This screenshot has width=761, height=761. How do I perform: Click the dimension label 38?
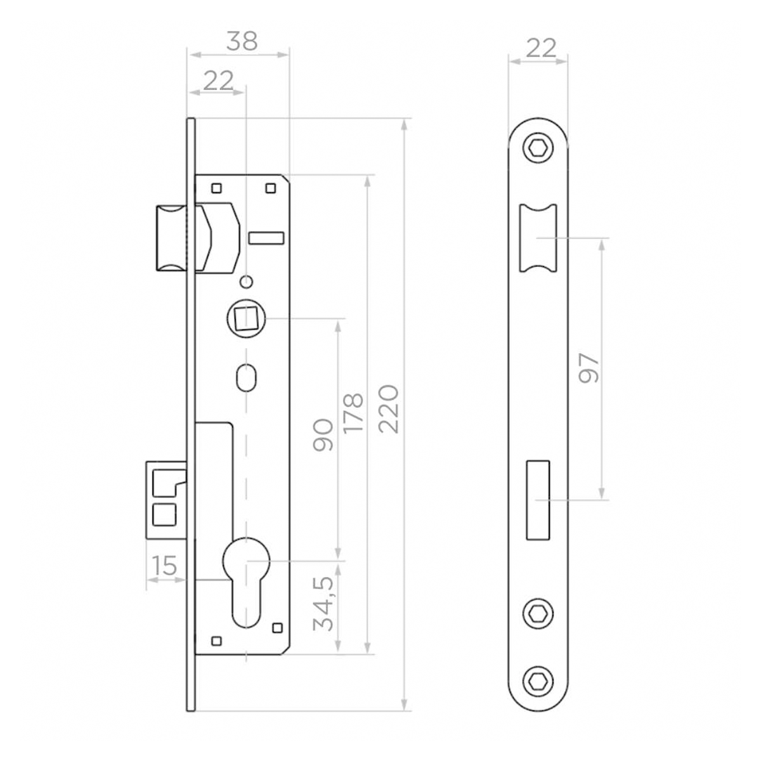coord(242,41)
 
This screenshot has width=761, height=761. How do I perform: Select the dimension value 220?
coord(388,408)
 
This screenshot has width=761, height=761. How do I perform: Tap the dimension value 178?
coord(353,413)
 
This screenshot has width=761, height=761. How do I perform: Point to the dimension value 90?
coord(323,434)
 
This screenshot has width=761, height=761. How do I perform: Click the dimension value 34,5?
coord(324,604)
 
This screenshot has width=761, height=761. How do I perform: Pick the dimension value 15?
coord(164,565)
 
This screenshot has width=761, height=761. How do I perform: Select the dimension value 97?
coord(589,368)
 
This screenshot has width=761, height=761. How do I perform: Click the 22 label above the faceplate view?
coord(541,48)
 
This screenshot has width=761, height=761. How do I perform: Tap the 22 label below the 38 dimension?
coord(218,81)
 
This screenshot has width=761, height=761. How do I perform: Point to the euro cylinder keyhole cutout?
coord(246,580)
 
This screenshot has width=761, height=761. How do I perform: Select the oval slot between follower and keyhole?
coord(246,377)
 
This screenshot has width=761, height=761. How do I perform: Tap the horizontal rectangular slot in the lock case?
coord(266,238)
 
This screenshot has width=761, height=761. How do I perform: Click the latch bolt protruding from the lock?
coord(171,238)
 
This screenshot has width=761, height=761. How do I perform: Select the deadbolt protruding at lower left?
coord(166,500)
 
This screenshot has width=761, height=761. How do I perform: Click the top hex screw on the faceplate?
coord(538,149)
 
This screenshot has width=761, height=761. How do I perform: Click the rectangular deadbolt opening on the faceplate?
coord(538,500)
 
